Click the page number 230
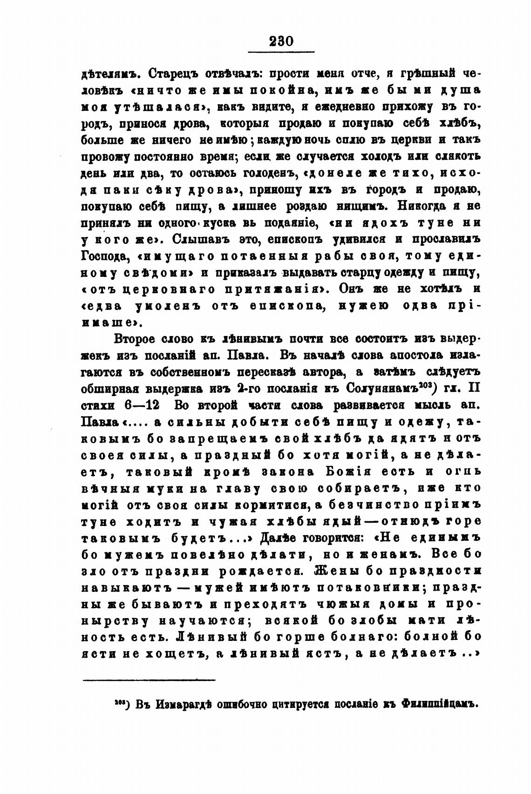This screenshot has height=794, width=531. (x=281, y=41)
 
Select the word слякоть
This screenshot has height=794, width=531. (x=455, y=157)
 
